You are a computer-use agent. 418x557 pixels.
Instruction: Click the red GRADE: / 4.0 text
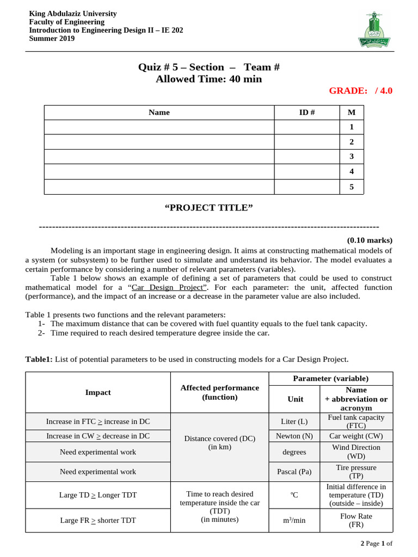click(360, 90)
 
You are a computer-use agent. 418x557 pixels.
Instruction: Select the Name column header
click(159, 113)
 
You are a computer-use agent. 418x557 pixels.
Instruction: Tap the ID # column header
click(307, 113)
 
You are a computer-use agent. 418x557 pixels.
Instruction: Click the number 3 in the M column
click(352, 157)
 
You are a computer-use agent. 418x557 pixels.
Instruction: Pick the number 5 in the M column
click(352, 187)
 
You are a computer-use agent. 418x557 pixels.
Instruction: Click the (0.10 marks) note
click(369, 240)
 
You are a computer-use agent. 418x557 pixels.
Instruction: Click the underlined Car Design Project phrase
click(170, 287)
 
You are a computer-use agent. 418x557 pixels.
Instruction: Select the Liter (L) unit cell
click(295, 422)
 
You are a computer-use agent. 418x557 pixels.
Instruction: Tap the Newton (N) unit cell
click(295, 436)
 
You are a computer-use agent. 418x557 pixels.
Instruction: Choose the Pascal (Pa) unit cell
click(295, 472)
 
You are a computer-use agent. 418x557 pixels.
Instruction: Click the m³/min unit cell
click(295, 520)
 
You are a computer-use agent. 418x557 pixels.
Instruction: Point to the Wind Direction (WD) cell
click(356, 451)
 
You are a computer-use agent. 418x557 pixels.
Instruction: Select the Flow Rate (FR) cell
click(356, 520)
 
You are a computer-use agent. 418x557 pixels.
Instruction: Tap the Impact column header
click(98, 392)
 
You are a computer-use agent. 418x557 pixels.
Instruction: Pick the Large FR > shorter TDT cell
click(98, 520)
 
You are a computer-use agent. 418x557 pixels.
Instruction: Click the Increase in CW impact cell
click(98, 436)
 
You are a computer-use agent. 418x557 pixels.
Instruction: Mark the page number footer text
click(376, 543)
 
